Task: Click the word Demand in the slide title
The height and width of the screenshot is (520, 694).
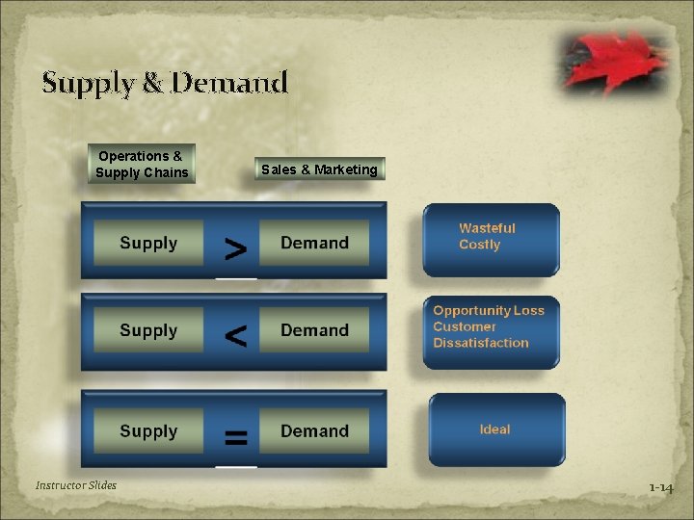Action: tap(228, 83)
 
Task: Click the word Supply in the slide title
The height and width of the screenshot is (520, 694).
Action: tap(88, 84)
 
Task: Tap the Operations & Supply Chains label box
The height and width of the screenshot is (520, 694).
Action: tap(142, 164)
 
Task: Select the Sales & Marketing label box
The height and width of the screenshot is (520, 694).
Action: tap(319, 169)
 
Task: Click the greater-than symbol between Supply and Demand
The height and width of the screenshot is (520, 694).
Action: tap(235, 249)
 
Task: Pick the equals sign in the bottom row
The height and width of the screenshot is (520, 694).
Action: tap(235, 438)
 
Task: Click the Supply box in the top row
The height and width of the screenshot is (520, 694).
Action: tap(148, 244)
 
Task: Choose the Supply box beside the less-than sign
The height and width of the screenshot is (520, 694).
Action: tap(148, 330)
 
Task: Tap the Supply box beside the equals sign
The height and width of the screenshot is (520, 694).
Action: tap(148, 431)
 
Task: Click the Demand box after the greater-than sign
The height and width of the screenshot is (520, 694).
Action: tap(314, 244)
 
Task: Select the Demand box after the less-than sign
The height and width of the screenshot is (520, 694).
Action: tap(314, 330)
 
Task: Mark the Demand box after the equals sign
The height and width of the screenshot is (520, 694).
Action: tap(314, 431)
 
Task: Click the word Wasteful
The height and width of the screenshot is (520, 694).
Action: tap(487, 228)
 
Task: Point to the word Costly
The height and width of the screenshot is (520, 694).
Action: tap(479, 245)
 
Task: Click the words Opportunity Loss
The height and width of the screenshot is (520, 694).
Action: tap(489, 310)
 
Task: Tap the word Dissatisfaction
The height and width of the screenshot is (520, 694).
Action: tap(481, 343)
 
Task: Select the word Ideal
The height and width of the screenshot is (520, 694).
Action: tap(494, 429)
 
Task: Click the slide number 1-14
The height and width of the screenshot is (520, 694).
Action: tap(660, 488)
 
